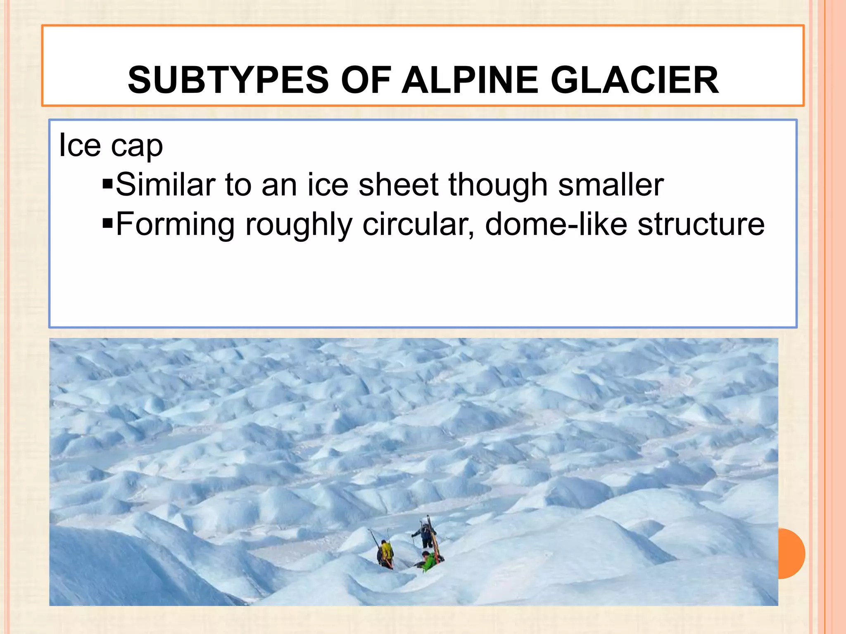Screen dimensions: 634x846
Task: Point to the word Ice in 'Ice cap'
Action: click(x=80, y=145)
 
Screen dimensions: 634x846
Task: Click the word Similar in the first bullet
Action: click(x=165, y=185)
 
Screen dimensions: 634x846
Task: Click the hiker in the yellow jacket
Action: click(x=386, y=554)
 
